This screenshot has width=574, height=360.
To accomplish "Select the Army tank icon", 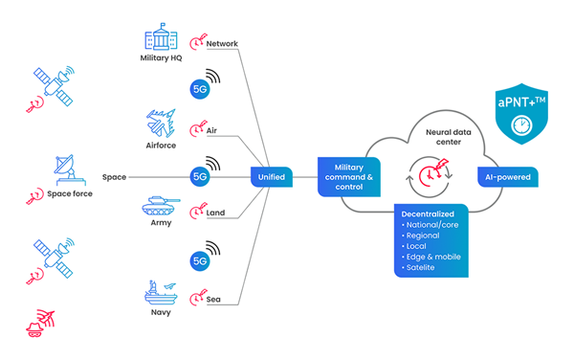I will coord(160,208).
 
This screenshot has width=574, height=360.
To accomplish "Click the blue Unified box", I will coord(270,177).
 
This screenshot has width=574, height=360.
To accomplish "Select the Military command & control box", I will coord(348,177).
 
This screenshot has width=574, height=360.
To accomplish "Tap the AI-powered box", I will coord(509,177).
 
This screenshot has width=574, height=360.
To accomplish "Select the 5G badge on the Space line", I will coord(200,177).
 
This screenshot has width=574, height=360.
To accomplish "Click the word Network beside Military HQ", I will coord(222,43).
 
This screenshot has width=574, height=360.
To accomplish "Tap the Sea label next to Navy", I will coord(214,299).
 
